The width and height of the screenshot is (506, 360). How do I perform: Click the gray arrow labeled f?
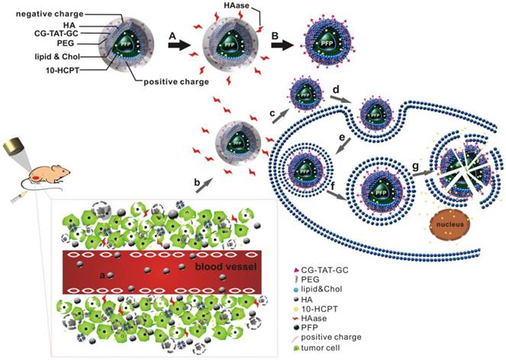click(x=334, y=195)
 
